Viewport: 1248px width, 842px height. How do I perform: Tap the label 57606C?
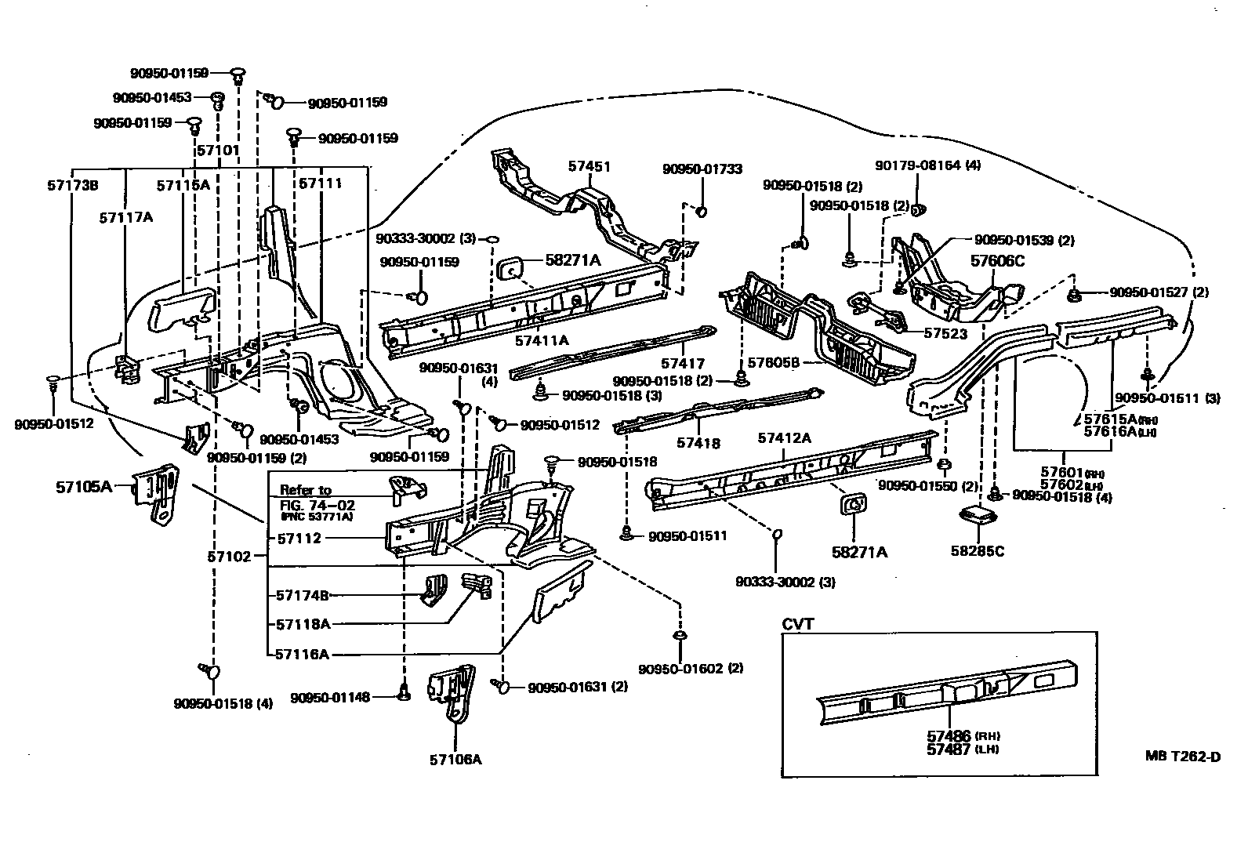coord(997,261)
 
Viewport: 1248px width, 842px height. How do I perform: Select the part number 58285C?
coord(977,551)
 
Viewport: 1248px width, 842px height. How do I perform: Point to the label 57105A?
coord(84,486)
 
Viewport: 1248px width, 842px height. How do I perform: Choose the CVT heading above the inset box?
coord(798,624)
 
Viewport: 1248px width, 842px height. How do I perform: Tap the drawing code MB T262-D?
coord(1183,757)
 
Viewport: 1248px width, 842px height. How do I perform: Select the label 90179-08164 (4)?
coord(927,165)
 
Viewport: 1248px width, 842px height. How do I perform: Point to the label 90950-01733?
coord(702,169)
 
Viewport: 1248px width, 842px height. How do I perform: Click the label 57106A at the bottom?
coord(455,759)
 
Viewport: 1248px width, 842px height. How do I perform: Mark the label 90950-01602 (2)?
coord(690,668)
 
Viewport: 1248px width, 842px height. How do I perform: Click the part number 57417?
coord(682,364)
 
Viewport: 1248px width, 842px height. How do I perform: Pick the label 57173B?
coord(72,186)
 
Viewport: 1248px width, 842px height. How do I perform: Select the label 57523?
coord(945,333)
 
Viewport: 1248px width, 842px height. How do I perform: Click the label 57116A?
coord(303,653)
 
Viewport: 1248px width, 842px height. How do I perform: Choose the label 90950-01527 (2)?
coord(1159,292)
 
